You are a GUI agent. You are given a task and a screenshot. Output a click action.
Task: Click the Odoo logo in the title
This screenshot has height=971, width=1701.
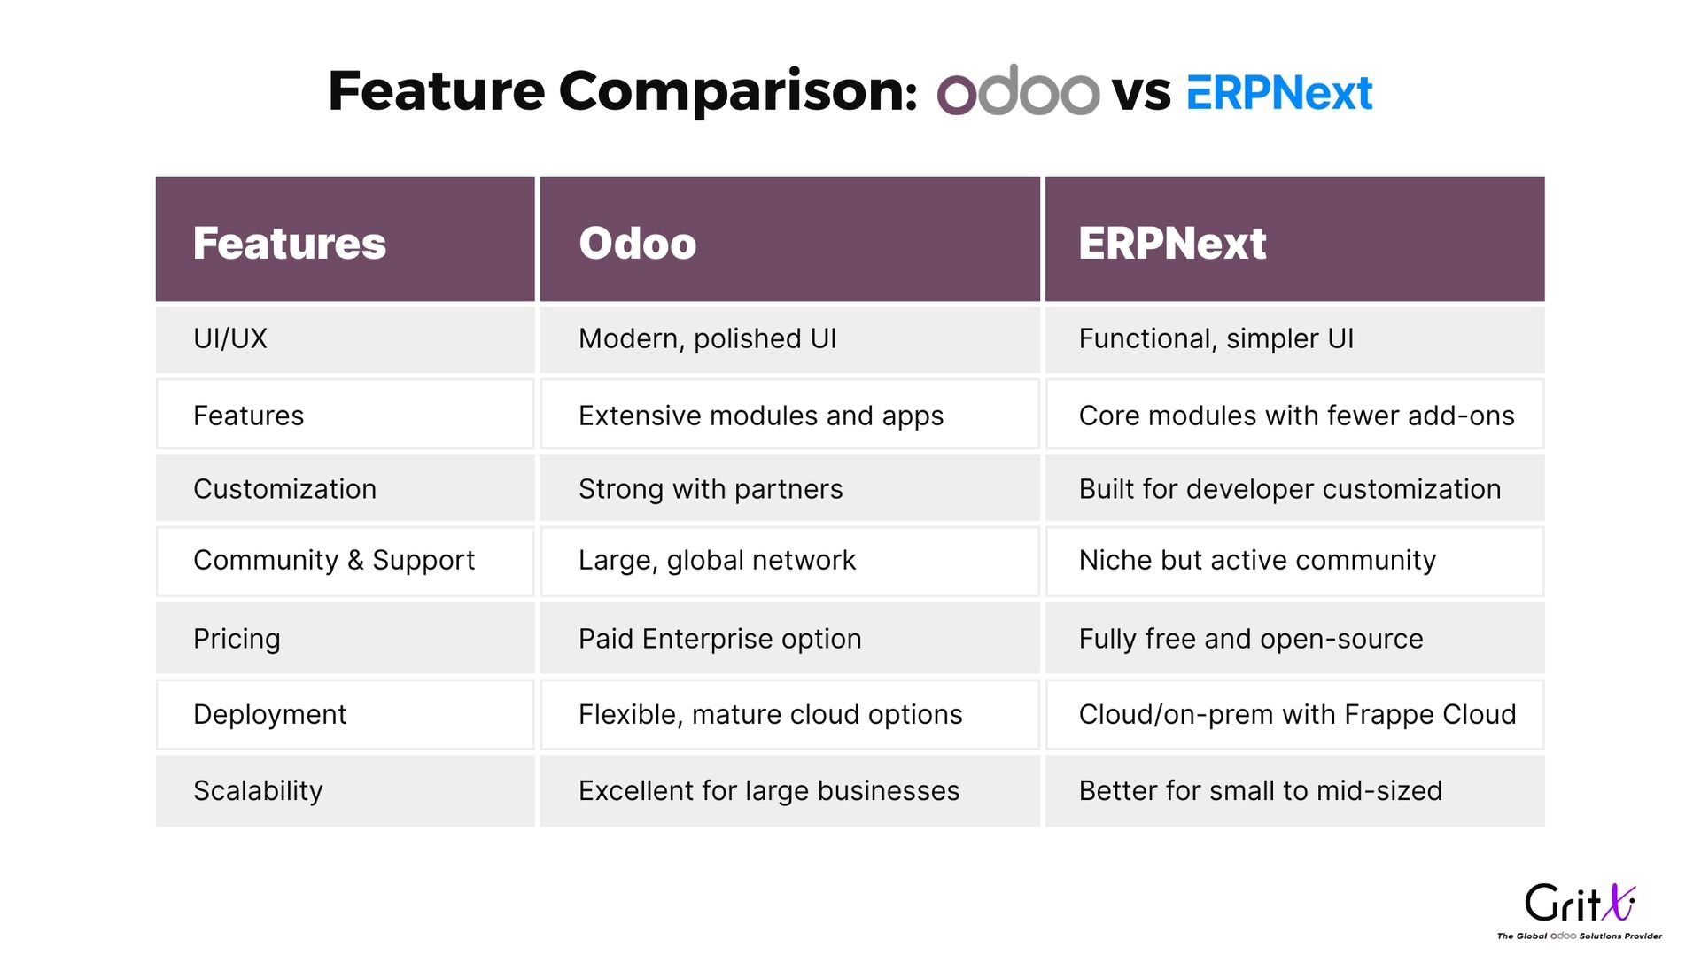coord(1018,89)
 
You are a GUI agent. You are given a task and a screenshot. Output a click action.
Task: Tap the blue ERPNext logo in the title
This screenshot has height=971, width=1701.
coord(1279,92)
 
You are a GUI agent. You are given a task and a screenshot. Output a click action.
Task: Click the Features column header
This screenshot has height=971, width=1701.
coord(290,243)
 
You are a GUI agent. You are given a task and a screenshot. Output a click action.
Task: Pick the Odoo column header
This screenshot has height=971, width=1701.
coord(637,243)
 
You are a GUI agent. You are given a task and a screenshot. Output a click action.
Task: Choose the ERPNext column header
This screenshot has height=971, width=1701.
coord(1172,243)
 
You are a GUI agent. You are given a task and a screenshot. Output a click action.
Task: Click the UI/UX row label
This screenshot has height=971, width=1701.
coord(230,338)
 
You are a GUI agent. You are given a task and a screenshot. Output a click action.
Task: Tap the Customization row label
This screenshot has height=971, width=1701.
coord(284,489)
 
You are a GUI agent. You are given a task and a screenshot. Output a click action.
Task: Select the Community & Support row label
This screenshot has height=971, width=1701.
coord(334,560)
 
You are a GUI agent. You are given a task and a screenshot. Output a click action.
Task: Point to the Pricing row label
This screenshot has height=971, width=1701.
coord(237,639)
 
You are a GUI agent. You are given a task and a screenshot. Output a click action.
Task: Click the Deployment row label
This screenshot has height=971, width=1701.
coord(269,714)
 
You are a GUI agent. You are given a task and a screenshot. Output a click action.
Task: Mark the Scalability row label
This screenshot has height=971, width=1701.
coord(258,790)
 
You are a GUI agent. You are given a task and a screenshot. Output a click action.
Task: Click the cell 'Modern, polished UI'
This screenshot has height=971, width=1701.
coord(707,338)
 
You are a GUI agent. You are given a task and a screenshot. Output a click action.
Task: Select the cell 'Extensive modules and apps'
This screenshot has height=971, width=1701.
coord(761,416)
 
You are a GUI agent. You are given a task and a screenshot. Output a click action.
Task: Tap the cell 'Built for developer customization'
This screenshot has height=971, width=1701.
coord(1290,489)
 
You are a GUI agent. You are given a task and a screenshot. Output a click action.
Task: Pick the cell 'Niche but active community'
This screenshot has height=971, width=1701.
coord(1257,560)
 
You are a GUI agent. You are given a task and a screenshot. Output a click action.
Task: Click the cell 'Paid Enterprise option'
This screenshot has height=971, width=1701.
coord(719,639)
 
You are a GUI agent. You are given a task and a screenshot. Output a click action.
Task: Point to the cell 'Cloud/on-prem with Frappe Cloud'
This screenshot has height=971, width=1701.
coord(1297,714)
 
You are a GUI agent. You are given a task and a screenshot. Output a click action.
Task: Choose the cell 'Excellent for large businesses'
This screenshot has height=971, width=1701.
coord(769,790)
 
